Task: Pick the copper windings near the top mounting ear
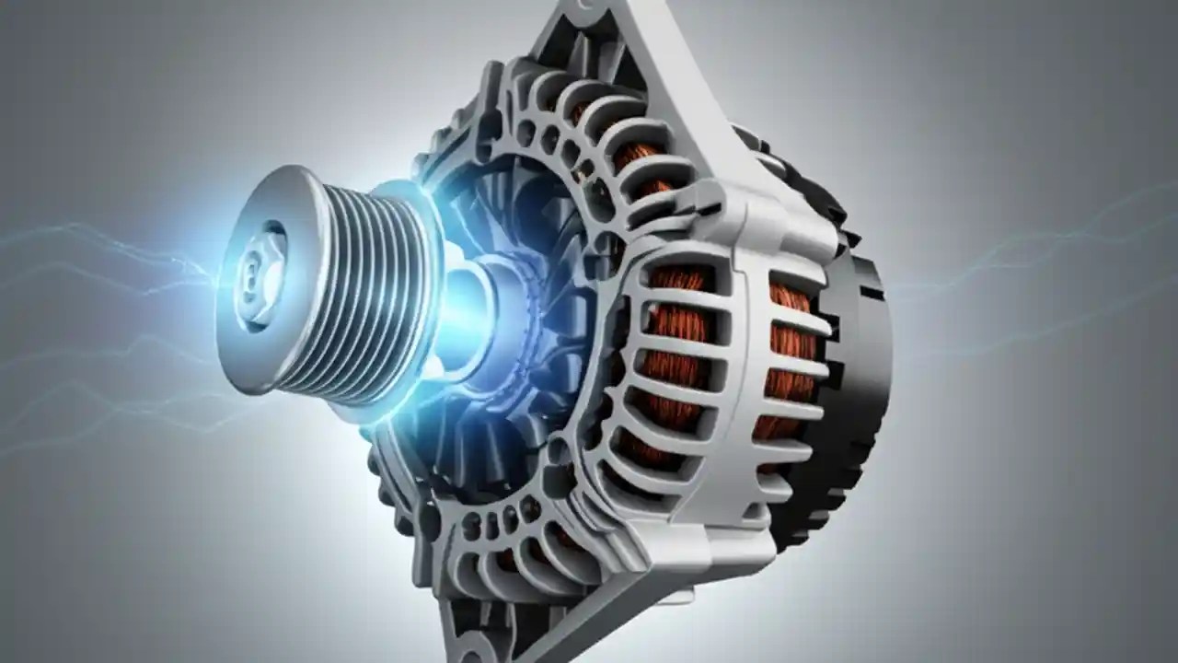click(635, 157)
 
